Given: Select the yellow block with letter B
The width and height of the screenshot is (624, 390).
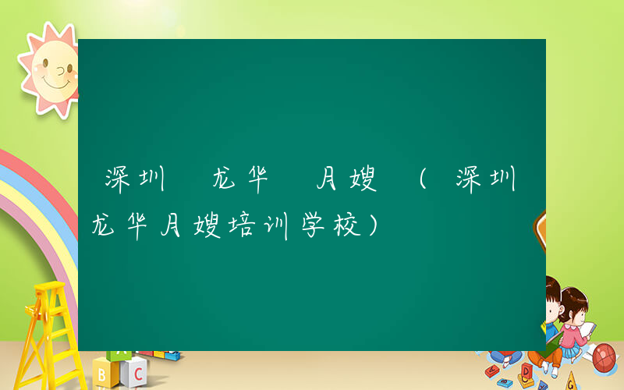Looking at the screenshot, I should (104, 375).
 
